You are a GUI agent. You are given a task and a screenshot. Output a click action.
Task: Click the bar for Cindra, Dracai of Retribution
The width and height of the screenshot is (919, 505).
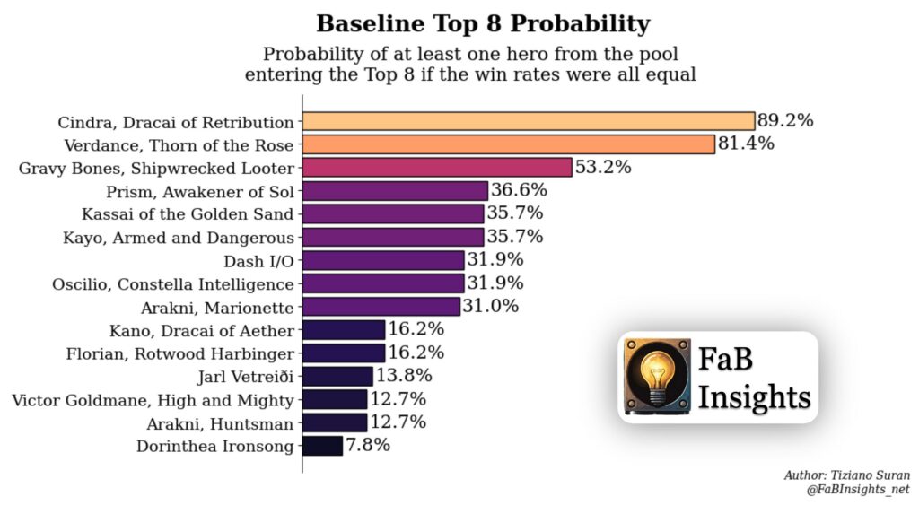click(528, 121)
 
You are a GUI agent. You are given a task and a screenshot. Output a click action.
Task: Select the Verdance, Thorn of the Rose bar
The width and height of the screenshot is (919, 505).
click(508, 144)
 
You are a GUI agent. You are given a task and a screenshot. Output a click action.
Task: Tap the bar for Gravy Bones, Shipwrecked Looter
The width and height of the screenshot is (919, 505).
click(437, 167)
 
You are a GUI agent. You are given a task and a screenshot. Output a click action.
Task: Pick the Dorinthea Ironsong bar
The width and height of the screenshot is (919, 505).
click(322, 446)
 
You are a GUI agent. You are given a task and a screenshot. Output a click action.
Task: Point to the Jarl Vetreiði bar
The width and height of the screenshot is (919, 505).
click(337, 376)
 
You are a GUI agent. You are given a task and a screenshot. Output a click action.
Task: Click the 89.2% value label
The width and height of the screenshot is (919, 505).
click(785, 121)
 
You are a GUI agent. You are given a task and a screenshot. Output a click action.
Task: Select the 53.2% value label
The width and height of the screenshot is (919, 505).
click(603, 167)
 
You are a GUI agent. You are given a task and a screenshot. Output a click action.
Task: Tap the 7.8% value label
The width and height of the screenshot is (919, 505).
click(368, 446)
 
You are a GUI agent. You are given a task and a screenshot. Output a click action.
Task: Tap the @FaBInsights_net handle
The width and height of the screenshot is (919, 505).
click(859, 489)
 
